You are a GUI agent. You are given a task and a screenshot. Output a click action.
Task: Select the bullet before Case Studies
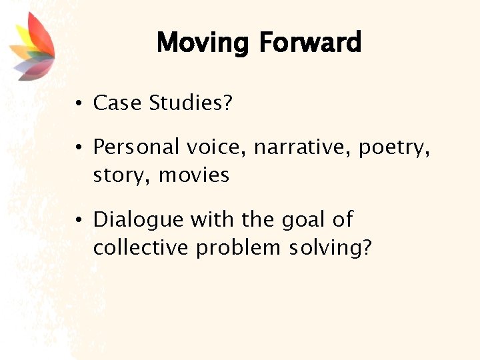pyautogui.click(x=79, y=103)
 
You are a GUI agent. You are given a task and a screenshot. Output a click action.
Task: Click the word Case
pyautogui.click(x=117, y=103)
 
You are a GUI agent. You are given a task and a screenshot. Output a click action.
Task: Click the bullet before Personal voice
pyautogui.click(x=79, y=146)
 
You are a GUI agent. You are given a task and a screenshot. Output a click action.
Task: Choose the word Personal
pyautogui.click(x=137, y=147)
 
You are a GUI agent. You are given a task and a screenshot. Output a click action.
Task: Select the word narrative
pyautogui.click(x=303, y=147)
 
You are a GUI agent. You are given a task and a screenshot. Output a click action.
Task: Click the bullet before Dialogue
pyautogui.click(x=79, y=219)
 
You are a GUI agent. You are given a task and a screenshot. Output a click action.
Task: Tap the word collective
pyautogui.click(x=142, y=247)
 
